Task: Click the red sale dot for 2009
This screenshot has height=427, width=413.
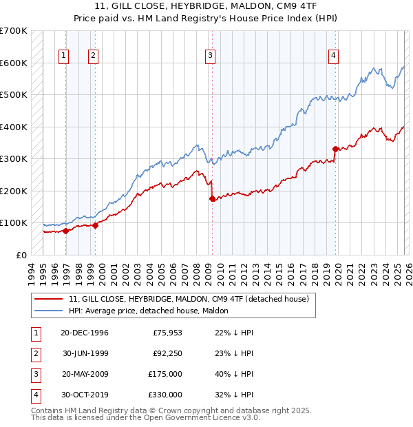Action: point(212,199)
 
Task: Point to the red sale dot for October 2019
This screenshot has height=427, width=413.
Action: point(335,149)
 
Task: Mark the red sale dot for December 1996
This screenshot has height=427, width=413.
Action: point(66,231)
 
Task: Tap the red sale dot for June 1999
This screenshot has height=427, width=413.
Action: point(96,225)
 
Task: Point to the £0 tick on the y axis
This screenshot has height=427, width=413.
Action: point(21,255)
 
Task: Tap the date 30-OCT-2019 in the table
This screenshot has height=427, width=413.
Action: point(85,395)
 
